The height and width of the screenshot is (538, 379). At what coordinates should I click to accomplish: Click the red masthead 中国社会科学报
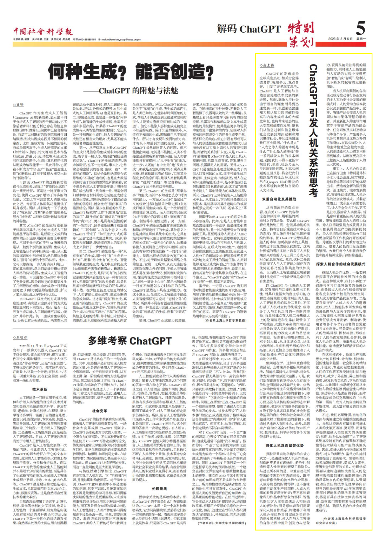[43, 32]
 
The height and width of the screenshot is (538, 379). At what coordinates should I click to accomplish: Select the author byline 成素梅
[267, 65]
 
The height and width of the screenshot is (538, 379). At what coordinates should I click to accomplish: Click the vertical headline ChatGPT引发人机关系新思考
[313, 130]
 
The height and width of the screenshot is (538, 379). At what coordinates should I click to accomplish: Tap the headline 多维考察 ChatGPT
[129, 340]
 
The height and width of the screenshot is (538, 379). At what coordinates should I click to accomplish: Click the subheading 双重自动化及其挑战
[279, 199]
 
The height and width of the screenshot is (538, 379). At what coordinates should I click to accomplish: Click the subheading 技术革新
[40, 389]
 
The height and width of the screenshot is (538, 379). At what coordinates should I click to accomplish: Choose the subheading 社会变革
[100, 411]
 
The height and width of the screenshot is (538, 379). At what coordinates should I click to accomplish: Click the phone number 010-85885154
[87, 40]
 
